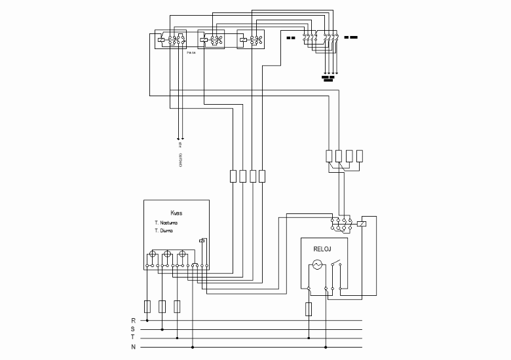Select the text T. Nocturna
[x=166, y=223]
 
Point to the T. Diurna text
[x=164, y=230]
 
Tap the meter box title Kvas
[x=176, y=213]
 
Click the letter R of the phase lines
[x=134, y=321]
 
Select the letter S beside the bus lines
[x=134, y=329]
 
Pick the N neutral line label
[x=134, y=346]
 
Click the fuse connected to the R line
[x=147, y=306]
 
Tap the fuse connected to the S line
[x=162, y=306]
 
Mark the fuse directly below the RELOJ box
[x=308, y=309]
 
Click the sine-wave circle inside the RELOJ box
[x=316, y=264]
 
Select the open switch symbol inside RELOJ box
[x=335, y=264]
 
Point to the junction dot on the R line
[x=147, y=321]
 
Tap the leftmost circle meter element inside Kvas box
[x=152, y=255]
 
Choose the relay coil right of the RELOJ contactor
[x=363, y=223]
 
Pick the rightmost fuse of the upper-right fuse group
[x=359, y=156]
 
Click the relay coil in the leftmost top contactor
[x=161, y=39]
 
